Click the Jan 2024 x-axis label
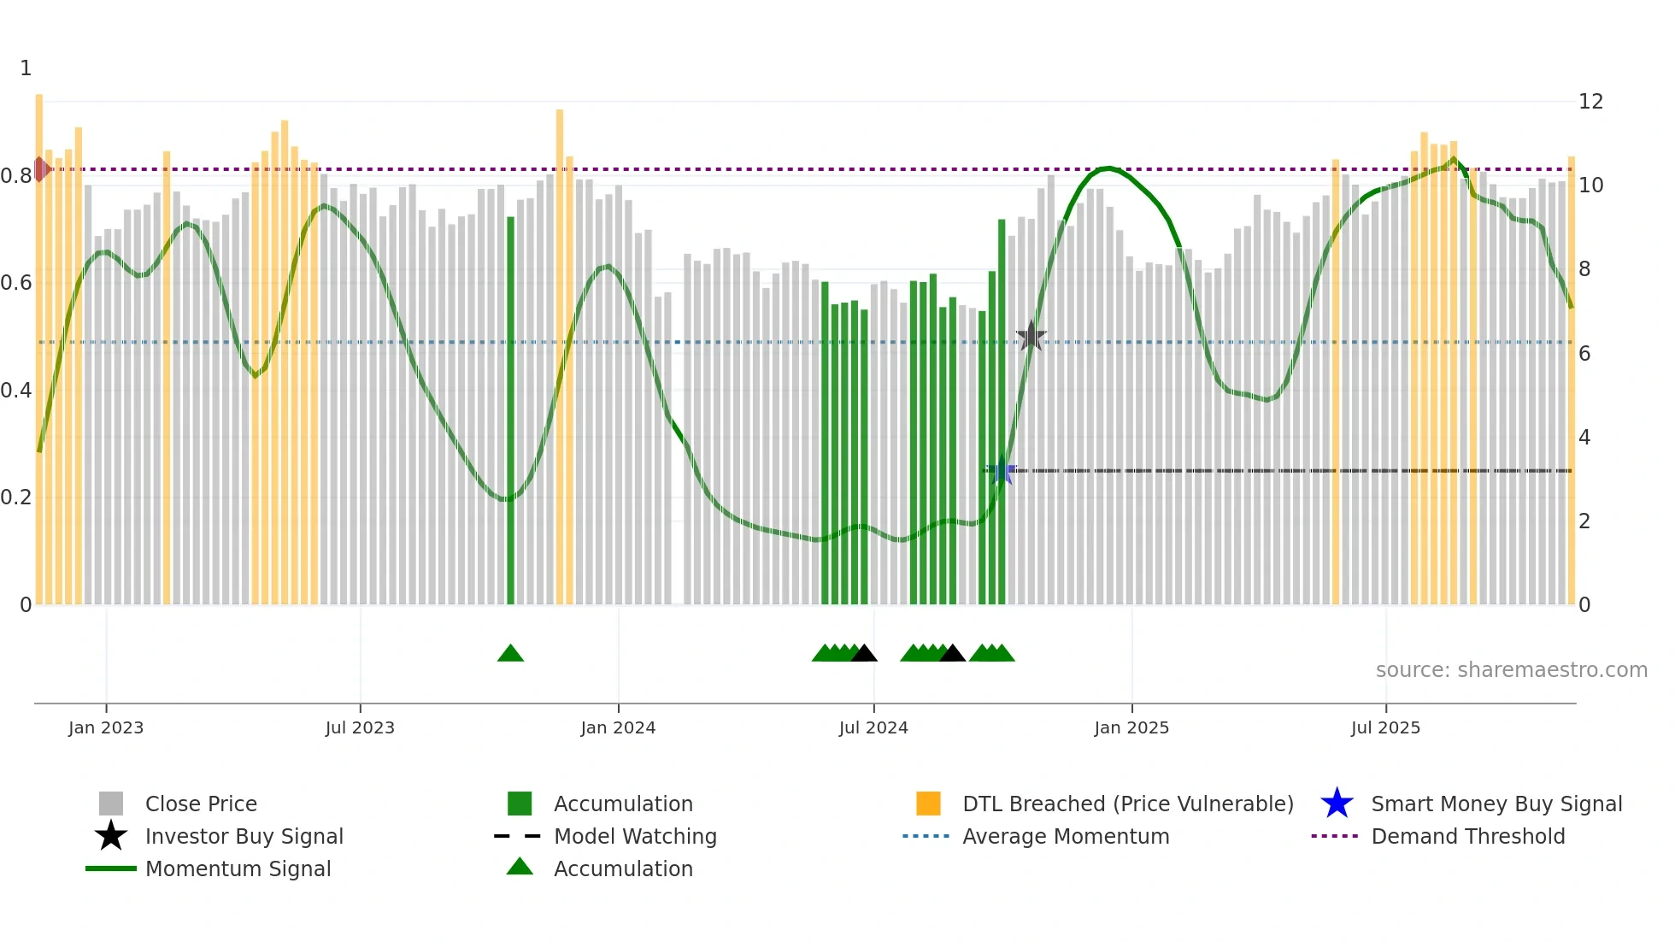click(x=618, y=727)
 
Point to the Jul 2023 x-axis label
click(x=360, y=727)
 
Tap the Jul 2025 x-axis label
click(x=1385, y=727)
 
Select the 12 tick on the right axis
click(x=1590, y=102)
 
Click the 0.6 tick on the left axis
click(x=16, y=283)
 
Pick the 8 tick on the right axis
click(x=1584, y=269)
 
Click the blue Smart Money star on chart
click(x=1001, y=471)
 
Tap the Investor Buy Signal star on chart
click(x=1031, y=337)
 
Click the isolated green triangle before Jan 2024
click(x=510, y=654)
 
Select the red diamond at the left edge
click(x=40, y=169)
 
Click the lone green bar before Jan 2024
click(x=510, y=410)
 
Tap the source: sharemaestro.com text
click(x=1511, y=670)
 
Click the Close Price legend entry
click(x=201, y=804)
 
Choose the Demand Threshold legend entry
click(x=1467, y=836)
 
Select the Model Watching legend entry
click(x=634, y=836)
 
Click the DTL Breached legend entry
click(x=1127, y=804)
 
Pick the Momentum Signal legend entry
click(x=238, y=868)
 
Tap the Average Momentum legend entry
click(x=1065, y=836)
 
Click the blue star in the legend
click(x=1337, y=804)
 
